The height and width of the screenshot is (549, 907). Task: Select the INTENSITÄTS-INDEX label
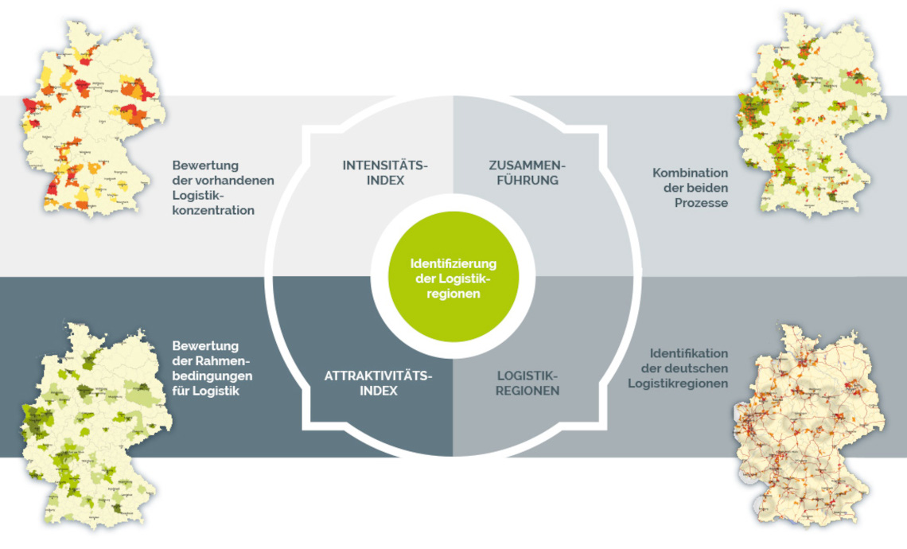click(385, 173)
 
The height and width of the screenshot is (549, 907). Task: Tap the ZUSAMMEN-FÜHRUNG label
click(527, 173)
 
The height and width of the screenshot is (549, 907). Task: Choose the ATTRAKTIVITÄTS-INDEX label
click(378, 383)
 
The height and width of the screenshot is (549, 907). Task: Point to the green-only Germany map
click(95, 426)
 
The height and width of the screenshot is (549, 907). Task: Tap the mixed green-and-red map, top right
click(812, 115)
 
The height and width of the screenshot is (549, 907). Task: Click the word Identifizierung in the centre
click(453, 263)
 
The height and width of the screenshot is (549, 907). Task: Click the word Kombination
click(690, 173)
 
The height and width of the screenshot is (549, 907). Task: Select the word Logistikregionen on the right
click(678, 384)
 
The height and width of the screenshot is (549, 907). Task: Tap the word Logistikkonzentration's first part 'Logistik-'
click(198, 196)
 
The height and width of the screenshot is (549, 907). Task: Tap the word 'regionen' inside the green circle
click(453, 293)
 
